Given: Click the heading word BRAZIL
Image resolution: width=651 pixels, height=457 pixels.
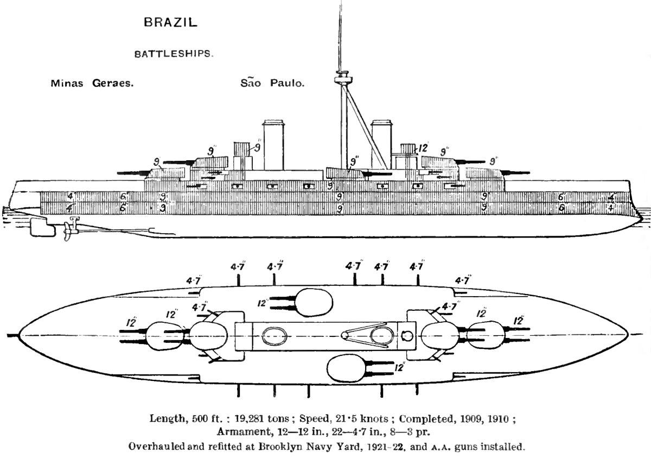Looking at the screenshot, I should point(170,23).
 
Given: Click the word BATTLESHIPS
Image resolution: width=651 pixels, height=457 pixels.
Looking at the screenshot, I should point(174,54).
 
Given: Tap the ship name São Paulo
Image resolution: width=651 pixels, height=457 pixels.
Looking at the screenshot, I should point(272,84).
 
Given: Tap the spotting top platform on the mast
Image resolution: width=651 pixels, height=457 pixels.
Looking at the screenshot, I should point(341,79).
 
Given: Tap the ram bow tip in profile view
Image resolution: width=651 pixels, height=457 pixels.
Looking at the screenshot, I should point(640,219).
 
